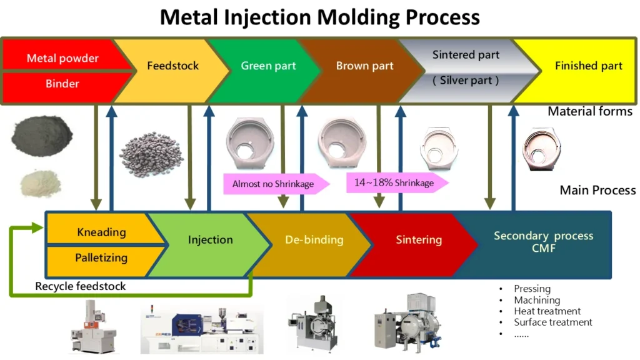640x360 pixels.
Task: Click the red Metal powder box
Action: click(62, 58)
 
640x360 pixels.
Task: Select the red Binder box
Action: click(62, 83)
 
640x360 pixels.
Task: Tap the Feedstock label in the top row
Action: click(173, 66)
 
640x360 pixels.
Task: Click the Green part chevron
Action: click(268, 66)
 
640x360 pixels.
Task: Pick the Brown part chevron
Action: click(364, 66)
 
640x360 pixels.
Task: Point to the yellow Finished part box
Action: click(588, 66)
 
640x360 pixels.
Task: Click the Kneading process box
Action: click(101, 232)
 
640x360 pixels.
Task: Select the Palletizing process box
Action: click(101, 257)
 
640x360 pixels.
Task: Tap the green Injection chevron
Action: click(210, 239)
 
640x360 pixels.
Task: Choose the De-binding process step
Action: click(314, 239)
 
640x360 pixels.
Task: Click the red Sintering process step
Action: click(418, 239)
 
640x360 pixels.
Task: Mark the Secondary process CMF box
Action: click(543, 241)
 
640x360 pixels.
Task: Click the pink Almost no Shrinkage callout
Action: click(274, 184)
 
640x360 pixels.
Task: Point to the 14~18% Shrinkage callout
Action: click(394, 182)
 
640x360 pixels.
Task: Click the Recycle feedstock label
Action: click(80, 286)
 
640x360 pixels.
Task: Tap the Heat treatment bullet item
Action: click(547, 311)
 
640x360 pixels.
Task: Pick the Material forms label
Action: click(589, 111)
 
